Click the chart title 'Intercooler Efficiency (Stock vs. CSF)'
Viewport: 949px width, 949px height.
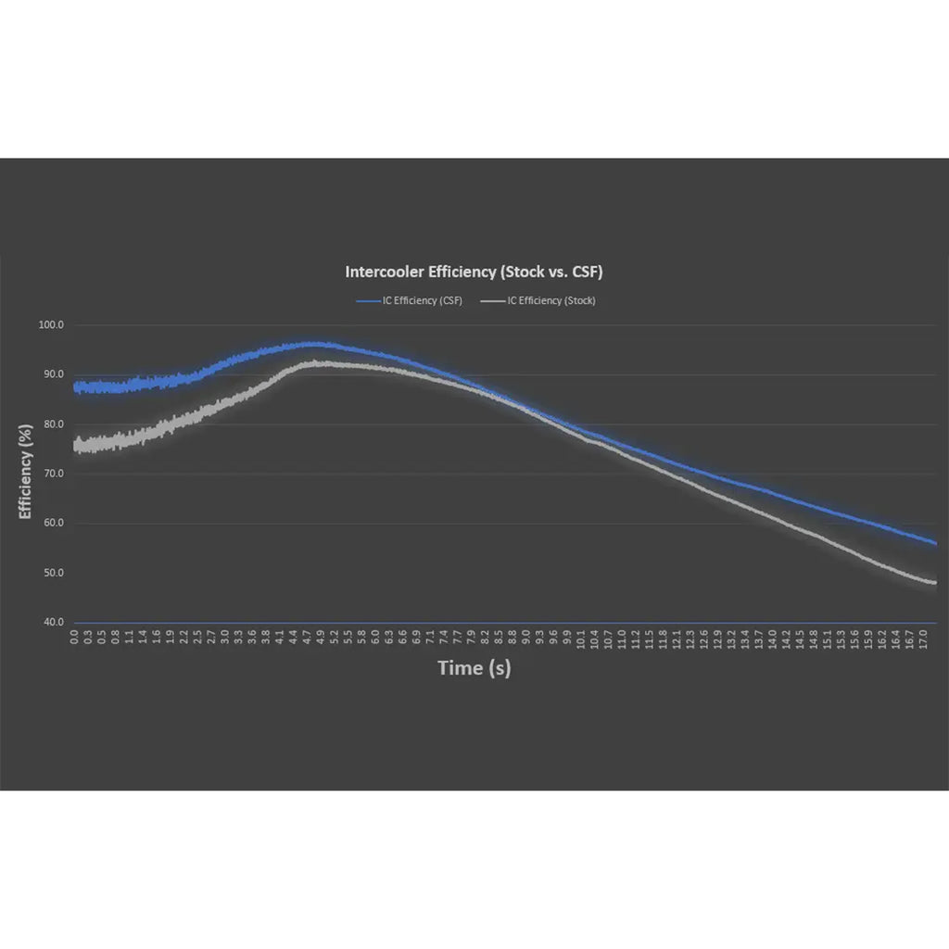474,272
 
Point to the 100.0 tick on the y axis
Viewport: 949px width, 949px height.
50,325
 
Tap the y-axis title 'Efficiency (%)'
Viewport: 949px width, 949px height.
25,474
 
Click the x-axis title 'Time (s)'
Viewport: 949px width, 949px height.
474,668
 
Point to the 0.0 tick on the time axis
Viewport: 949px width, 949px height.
75,639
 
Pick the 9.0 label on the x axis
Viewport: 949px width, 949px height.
526,639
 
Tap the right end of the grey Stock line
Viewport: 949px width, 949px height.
934,583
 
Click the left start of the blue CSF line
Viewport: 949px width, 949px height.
76,387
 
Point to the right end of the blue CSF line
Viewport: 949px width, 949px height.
935,543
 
